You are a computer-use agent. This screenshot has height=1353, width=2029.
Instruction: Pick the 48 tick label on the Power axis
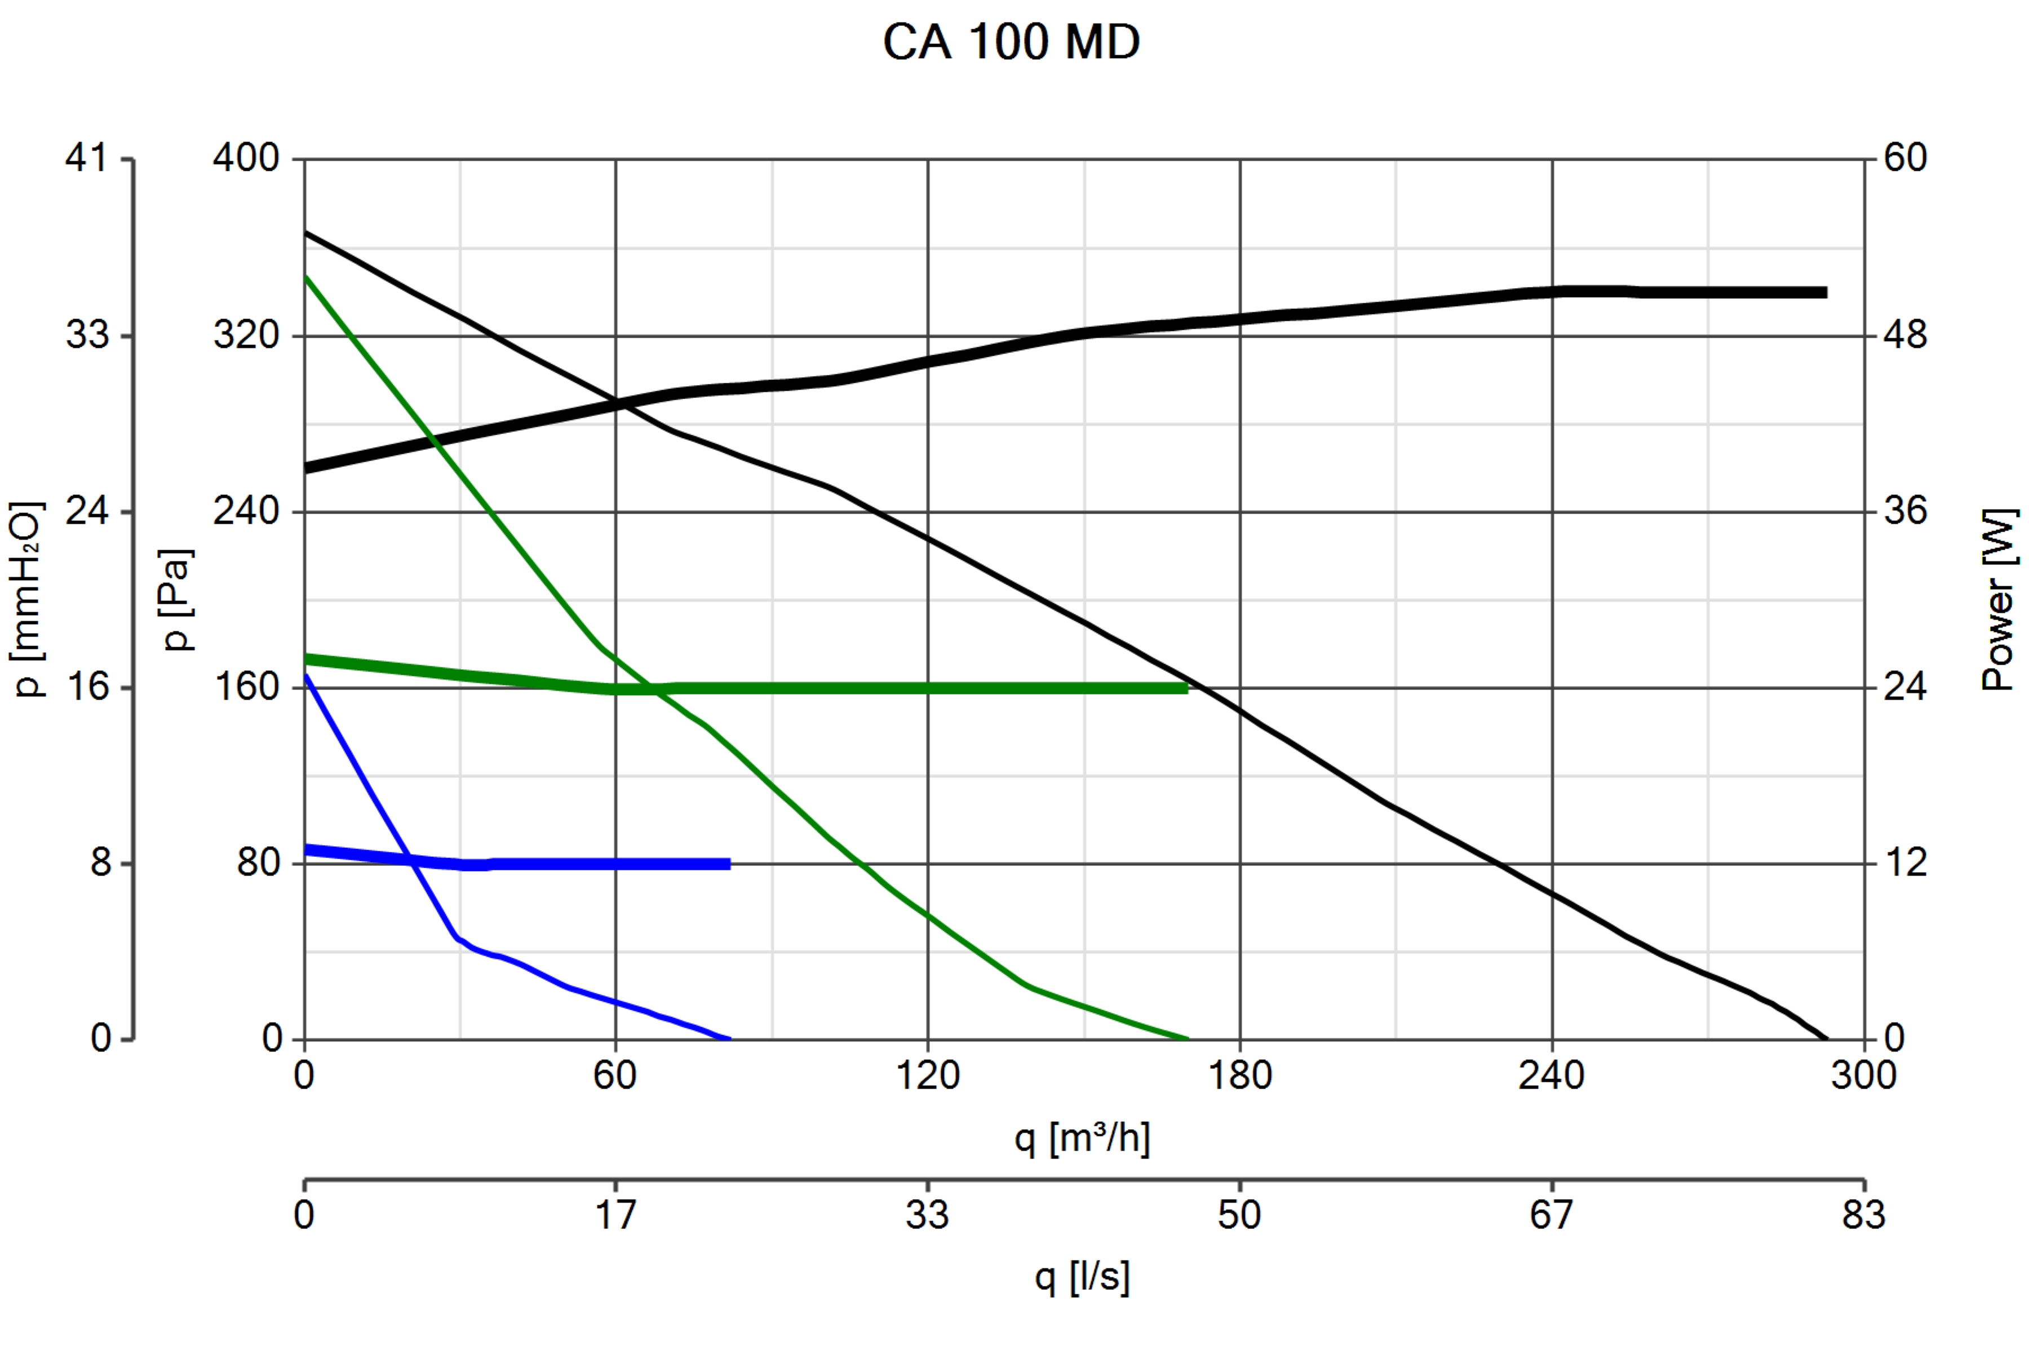(x=1905, y=335)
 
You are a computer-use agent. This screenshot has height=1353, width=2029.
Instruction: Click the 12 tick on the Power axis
(x=1905, y=863)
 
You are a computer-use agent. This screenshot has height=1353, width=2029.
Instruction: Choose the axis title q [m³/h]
(x=1082, y=1138)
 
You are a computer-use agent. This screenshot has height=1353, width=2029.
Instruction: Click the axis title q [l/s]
(x=1082, y=1276)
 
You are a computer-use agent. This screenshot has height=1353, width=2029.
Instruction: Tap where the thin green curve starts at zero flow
(x=305, y=277)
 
